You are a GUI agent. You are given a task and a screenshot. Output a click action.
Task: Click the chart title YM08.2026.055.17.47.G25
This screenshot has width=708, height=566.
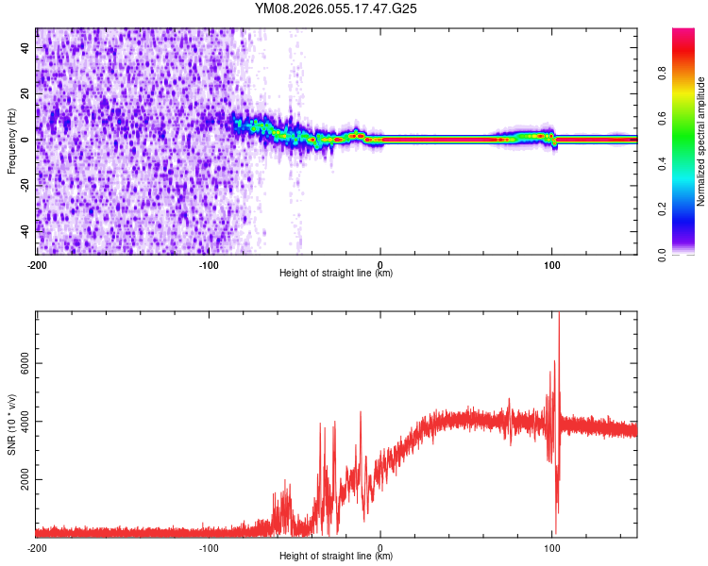[x=336, y=8]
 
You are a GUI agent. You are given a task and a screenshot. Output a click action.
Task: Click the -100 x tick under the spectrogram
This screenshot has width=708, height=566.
[x=209, y=262]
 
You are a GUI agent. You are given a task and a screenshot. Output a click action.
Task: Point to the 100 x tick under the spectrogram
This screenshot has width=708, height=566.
[x=552, y=262]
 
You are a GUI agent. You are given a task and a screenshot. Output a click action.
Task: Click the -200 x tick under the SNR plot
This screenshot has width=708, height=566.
[x=37, y=546]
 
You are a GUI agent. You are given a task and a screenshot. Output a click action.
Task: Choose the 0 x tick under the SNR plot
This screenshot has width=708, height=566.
[x=380, y=546]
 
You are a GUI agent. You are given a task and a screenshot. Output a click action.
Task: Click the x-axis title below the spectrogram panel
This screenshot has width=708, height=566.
[x=336, y=273]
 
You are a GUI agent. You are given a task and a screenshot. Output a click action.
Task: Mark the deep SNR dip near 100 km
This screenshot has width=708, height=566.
[x=555, y=532]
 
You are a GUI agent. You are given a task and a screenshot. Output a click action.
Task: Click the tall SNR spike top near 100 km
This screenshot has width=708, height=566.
[x=559, y=314]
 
